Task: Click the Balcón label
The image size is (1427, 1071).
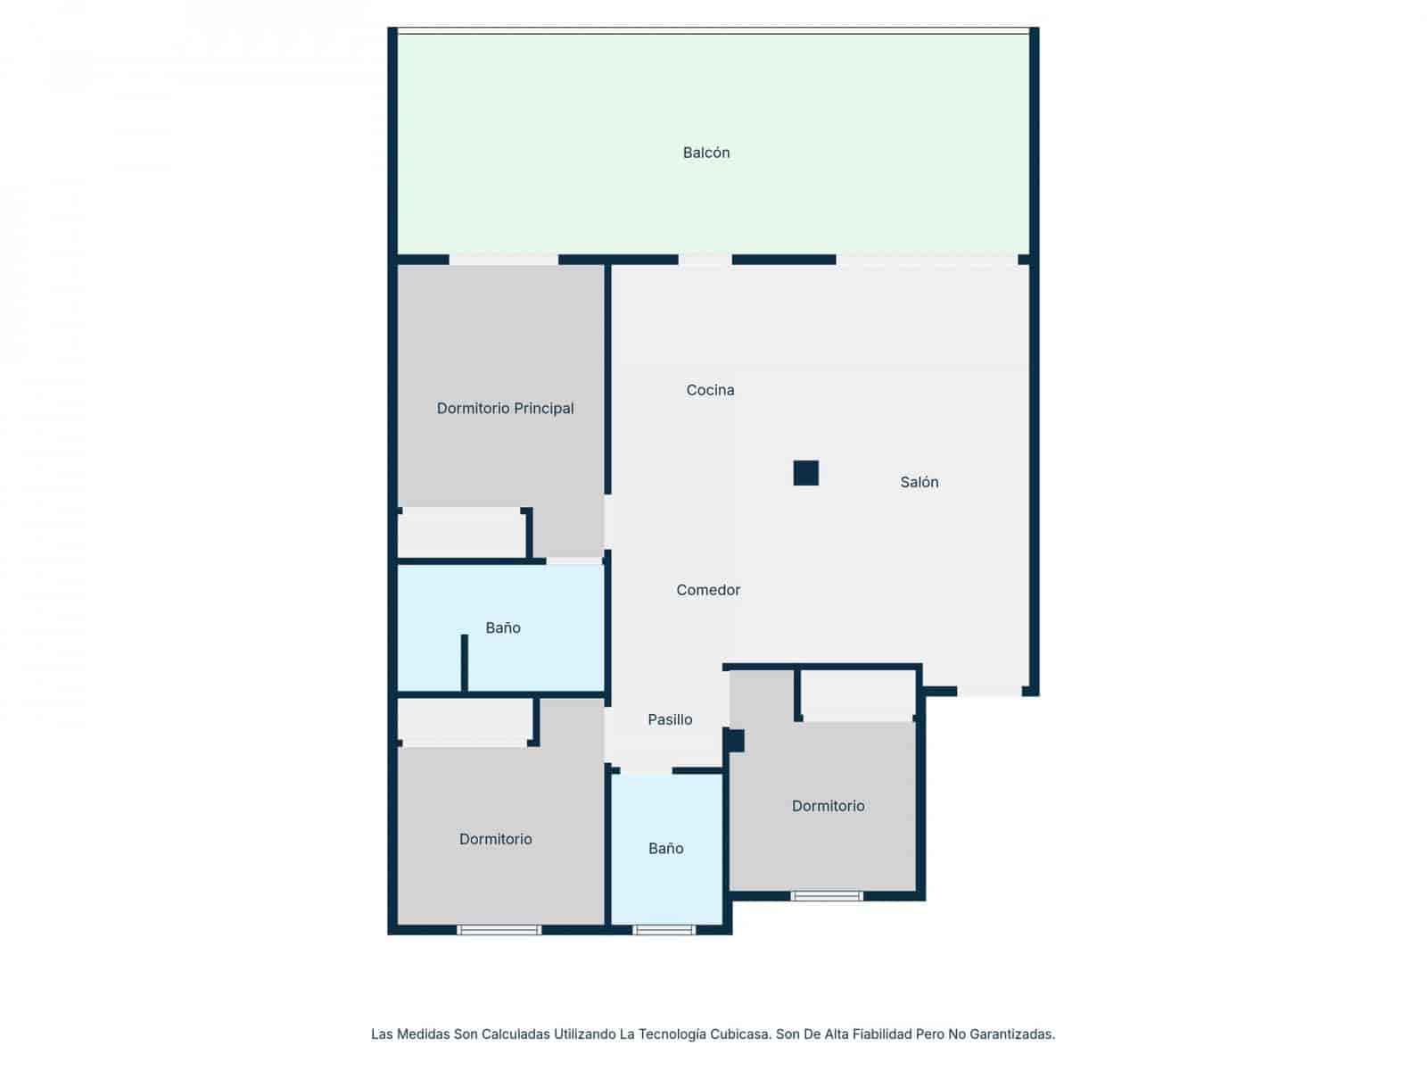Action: [706, 153]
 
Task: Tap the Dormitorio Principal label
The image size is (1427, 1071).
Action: [505, 409]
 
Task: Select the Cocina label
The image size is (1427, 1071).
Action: [710, 390]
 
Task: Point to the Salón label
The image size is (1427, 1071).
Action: [919, 482]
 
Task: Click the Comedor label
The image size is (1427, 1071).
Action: [708, 590]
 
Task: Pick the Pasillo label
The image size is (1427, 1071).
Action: [670, 719]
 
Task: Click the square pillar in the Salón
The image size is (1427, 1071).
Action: [805, 473]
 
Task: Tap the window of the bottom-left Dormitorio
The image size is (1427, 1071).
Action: [499, 930]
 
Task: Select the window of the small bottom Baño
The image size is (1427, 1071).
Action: [664, 930]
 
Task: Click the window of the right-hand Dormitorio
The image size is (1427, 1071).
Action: [826, 896]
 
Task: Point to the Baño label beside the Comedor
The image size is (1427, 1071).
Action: [502, 627]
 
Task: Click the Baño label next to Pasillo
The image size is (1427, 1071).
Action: [665, 848]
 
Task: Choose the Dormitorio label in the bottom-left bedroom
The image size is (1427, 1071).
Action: [495, 839]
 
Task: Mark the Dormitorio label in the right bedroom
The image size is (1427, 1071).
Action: [828, 806]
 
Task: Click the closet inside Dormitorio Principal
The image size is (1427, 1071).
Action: [461, 533]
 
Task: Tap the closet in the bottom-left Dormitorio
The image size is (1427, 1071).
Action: [465, 720]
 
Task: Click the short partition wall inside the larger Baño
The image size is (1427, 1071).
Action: [464, 662]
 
